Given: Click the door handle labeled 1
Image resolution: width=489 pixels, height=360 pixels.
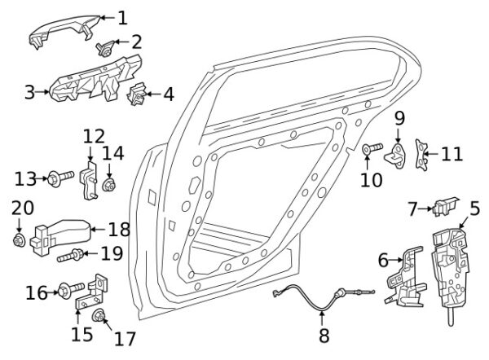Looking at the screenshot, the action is pos(63,29).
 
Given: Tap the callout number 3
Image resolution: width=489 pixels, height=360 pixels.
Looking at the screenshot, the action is pos(30,92).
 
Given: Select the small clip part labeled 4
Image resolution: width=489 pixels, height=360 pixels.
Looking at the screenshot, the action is pos(137,94).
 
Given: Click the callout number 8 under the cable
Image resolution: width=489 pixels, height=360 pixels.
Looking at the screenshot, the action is pos(324,336).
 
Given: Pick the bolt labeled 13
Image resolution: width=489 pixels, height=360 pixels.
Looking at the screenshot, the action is pos(61,178).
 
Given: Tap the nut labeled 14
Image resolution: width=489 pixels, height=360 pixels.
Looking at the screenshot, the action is pos(109,186).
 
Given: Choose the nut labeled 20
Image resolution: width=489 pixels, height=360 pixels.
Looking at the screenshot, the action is pos(19,240).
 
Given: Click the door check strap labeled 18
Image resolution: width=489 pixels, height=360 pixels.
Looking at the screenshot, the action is pos(60,236).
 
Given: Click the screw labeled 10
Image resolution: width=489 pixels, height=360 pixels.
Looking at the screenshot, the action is pos(372,147).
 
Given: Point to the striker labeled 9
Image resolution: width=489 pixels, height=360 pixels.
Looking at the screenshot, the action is pos(395,156).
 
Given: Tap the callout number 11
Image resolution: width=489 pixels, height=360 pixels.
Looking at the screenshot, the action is pos(452,154).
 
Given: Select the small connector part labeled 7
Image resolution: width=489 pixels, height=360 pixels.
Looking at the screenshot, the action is pos(446,206).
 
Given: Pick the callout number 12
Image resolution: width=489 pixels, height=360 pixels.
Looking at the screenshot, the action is pos(94,136).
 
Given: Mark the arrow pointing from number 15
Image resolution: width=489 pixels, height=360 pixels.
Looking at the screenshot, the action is pos(77,315).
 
